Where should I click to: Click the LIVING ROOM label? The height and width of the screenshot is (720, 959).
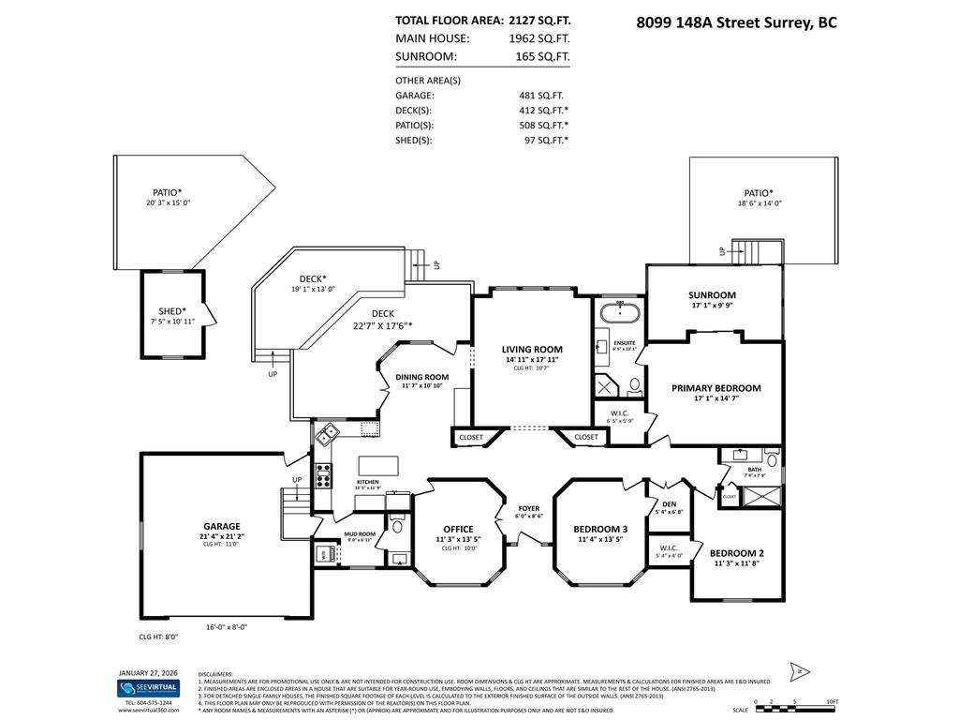pos(531,350)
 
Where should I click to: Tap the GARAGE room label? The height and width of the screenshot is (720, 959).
pos(222,526)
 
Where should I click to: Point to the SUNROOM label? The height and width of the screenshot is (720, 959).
pos(713,294)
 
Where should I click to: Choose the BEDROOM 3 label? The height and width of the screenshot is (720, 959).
pos(600,529)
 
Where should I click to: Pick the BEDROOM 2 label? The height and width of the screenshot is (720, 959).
pos(736,552)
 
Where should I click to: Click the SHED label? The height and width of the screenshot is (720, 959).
pos(171,311)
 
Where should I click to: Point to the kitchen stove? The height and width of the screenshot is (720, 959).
pos(323,476)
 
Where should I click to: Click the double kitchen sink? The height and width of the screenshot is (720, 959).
pos(328,434)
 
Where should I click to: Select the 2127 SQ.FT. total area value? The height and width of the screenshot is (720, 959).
pos(539,19)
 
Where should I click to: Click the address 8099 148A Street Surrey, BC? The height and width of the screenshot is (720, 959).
pos(736,21)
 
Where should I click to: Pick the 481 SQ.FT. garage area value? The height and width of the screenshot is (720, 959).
pos(541,95)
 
